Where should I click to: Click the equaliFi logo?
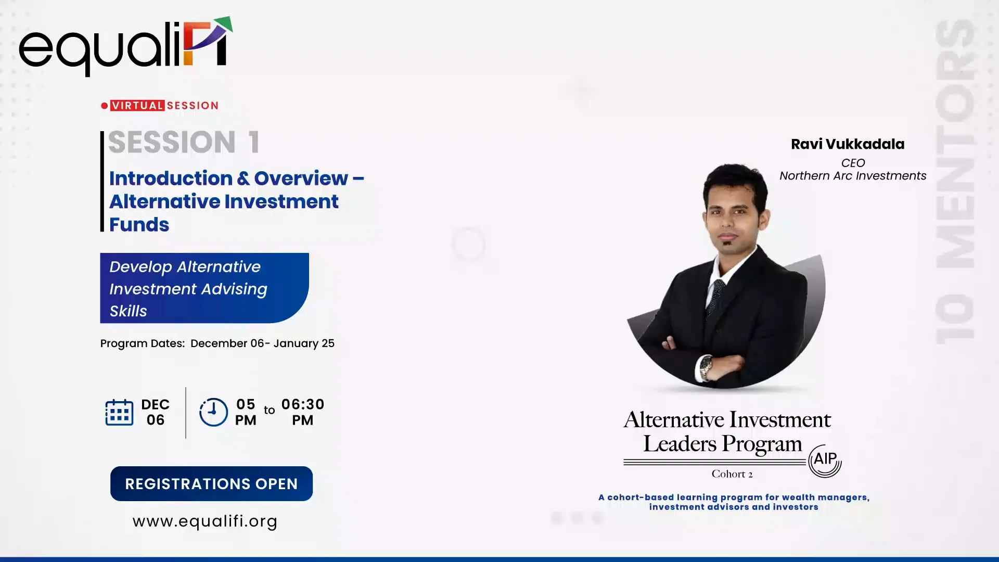[x=125, y=47]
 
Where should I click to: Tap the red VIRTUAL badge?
[x=137, y=106]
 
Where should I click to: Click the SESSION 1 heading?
[x=184, y=142]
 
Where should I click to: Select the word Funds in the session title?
[x=139, y=225]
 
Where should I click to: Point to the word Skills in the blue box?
[x=128, y=311]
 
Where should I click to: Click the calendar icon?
[x=119, y=413]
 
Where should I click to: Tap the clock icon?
[x=213, y=412]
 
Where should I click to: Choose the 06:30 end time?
[x=303, y=405]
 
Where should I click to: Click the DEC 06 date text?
[x=155, y=412]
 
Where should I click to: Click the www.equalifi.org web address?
[x=205, y=521]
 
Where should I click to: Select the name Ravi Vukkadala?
[x=848, y=144]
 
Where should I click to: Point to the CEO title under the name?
[x=853, y=163]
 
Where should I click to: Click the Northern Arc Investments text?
[x=853, y=176]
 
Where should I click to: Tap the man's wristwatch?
[x=706, y=367]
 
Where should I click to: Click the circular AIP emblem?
[x=825, y=460]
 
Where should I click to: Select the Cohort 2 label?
[x=732, y=474]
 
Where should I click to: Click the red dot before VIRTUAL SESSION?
[x=105, y=106]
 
